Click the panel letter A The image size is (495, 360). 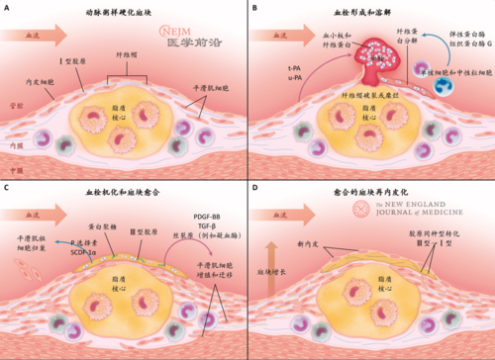9,9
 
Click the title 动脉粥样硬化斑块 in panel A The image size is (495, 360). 123,10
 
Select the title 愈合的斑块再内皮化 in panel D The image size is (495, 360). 370,187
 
